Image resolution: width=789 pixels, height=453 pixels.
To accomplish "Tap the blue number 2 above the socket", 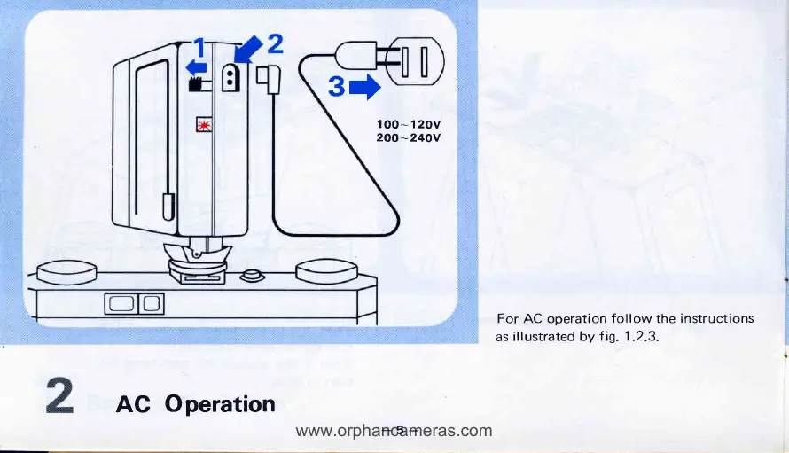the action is click(274, 43).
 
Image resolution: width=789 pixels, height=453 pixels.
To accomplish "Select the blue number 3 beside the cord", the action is click(335, 87).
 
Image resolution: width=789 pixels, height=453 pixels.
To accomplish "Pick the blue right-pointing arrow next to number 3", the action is click(365, 87).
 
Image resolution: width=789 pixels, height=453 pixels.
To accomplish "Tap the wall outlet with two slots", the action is click(415, 62).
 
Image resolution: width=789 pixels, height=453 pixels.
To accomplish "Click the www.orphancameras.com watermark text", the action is click(394, 432).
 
